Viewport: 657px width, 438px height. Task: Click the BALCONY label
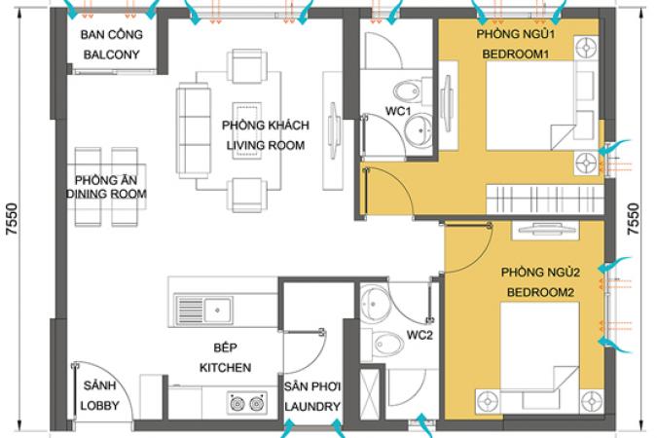coord(112,55)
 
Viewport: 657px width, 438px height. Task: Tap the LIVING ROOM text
coord(266,145)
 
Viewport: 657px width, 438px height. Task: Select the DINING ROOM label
coord(106,194)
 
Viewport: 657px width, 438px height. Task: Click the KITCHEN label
coord(226,368)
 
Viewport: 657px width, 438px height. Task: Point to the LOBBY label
coord(99,405)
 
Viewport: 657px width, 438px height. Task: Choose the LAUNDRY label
coord(312,406)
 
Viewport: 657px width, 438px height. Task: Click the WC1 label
coord(398,111)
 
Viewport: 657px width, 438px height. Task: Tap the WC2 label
coord(420,335)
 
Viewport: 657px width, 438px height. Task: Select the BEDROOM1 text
coord(516,55)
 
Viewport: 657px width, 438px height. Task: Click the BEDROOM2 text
coord(540,292)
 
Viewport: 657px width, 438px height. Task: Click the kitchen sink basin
coord(218,310)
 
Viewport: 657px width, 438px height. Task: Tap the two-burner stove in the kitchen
coord(247,404)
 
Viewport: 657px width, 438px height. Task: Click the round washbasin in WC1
coord(419,129)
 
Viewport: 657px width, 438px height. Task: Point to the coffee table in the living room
coord(247,129)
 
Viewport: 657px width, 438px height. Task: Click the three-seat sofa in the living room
coord(194,130)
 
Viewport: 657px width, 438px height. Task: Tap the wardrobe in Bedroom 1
coord(545,200)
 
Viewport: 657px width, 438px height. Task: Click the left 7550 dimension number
coord(13,218)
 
